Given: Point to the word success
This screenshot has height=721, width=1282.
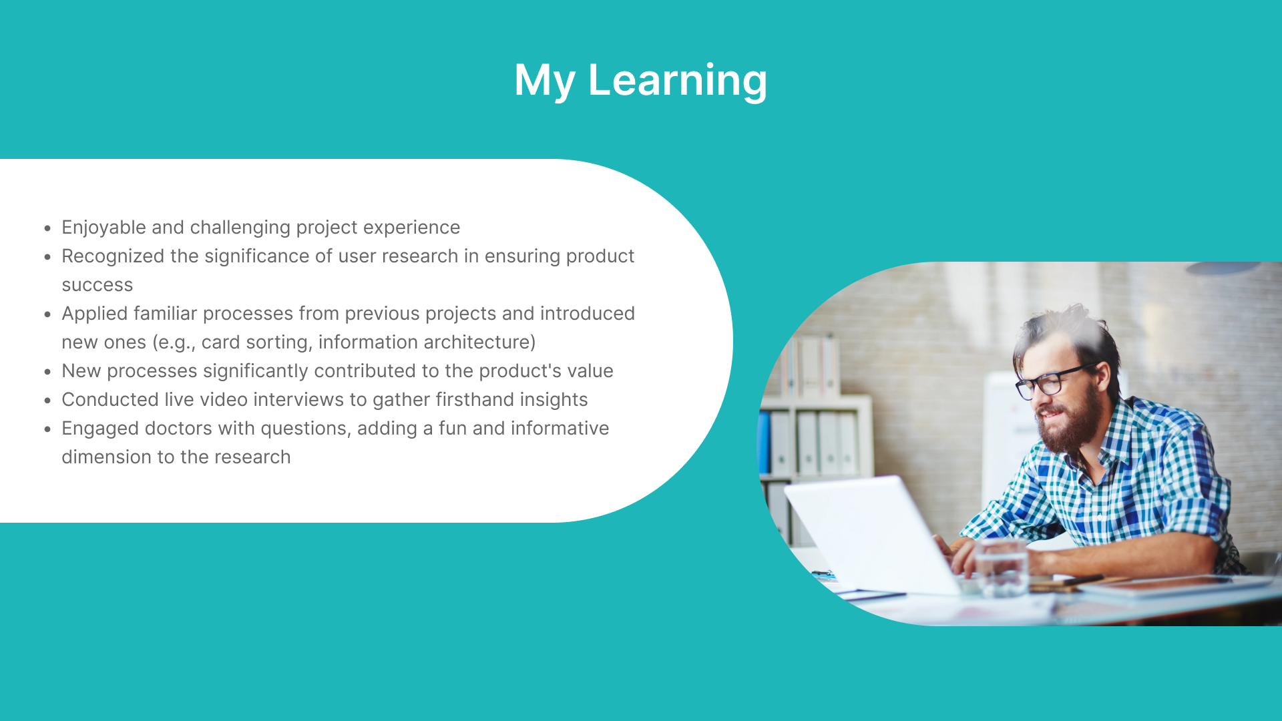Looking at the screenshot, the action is pyautogui.click(x=97, y=286).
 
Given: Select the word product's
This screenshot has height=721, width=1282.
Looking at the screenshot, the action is pyautogui.click(x=520, y=371).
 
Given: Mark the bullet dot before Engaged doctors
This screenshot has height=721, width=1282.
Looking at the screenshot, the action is pyautogui.click(x=47, y=429).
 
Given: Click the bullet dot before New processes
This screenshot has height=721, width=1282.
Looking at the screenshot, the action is pyautogui.click(x=47, y=372).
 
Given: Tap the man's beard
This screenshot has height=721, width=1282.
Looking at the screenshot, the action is pyautogui.click(x=1068, y=421).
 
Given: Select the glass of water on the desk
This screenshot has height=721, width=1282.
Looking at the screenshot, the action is pyautogui.click(x=1001, y=567).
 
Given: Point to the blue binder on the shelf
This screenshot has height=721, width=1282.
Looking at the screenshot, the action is pyautogui.click(x=764, y=443).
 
